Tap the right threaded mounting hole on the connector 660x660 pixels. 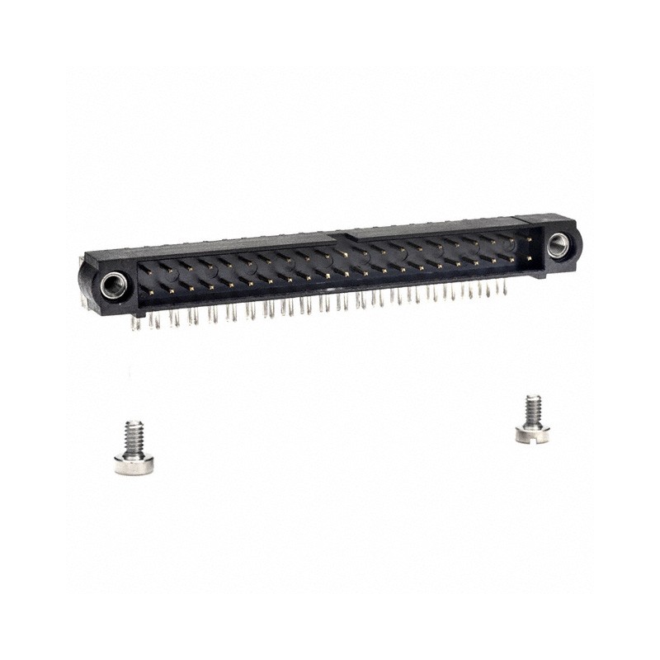[x=558, y=243]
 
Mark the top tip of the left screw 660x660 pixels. [x=134, y=423]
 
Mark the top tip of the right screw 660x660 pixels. [x=533, y=398]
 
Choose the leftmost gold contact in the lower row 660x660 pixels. [x=153, y=289]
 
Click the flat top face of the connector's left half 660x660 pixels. [x=223, y=245]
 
